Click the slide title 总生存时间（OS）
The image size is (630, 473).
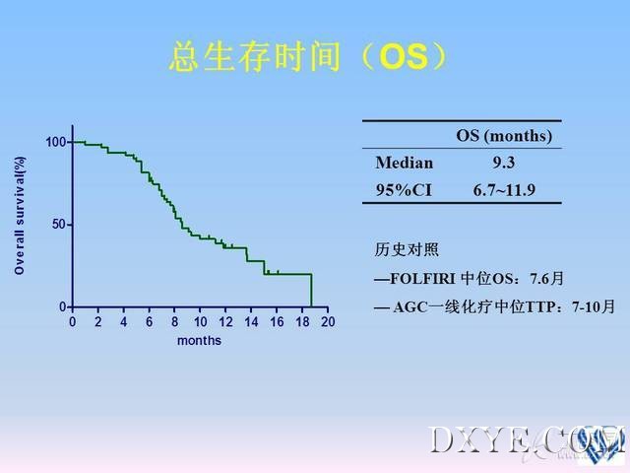point(308,57)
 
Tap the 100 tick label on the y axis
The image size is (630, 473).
point(55,142)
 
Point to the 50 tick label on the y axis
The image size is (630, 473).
point(59,224)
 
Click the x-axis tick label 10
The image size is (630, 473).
point(200,322)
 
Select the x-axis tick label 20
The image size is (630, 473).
point(328,322)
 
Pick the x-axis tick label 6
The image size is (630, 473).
point(149,322)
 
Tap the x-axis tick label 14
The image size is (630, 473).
point(251,322)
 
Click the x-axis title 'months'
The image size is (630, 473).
point(199,341)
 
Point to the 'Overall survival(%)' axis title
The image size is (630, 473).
point(20,216)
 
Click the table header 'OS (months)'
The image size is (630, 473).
point(504,136)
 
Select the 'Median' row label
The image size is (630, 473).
point(405,163)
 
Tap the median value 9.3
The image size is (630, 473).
point(504,163)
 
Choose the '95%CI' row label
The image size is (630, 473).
point(404,190)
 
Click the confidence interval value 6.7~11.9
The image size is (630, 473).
point(504,190)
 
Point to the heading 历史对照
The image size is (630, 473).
point(407,249)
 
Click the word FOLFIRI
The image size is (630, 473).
point(422,278)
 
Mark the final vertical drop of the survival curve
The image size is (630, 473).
point(311,291)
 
